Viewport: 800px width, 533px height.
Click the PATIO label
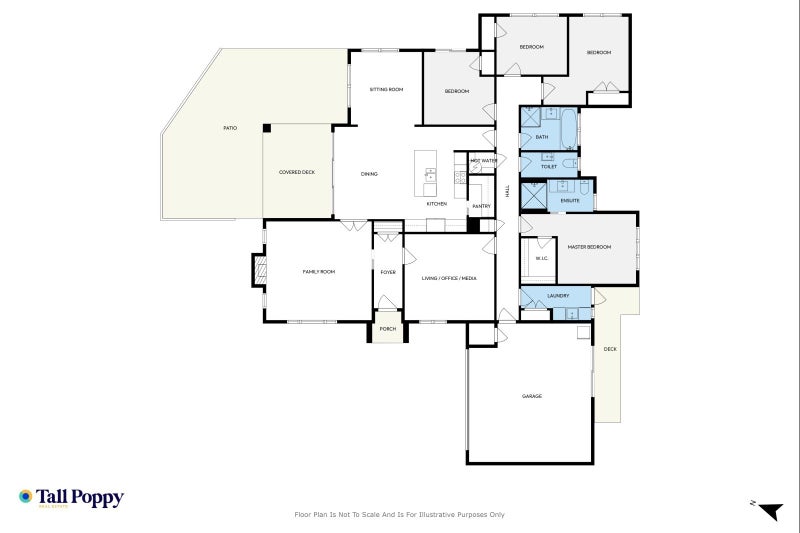(229, 128)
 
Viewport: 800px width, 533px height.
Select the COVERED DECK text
(296, 173)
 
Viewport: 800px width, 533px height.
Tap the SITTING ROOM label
(386, 90)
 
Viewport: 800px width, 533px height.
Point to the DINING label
(369, 175)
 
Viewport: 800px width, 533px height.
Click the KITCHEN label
(437, 204)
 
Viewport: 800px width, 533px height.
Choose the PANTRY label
(481, 206)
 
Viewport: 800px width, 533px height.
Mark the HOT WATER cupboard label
(483, 160)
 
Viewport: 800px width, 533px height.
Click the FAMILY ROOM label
(319, 272)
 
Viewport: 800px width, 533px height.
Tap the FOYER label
(388, 272)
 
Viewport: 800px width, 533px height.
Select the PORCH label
(388, 329)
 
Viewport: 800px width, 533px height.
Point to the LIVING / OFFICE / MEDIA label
(448, 278)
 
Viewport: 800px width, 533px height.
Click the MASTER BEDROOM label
(590, 247)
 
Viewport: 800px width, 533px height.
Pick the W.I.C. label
(541, 259)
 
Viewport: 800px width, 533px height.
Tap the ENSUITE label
(571, 200)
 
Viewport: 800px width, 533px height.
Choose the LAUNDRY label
(558, 296)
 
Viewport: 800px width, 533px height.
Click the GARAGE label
(531, 396)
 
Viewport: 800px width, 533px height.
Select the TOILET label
(548, 167)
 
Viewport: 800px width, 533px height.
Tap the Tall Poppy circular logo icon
(26, 496)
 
